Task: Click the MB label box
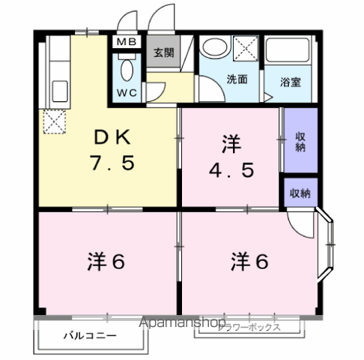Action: click(127, 43)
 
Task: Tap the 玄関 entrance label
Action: click(164, 53)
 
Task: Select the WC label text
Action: click(127, 94)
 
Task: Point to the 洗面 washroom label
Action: click(237, 77)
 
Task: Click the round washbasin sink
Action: click(213, 46)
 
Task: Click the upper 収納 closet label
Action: click(300, 140)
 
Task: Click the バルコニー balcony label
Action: click(89, 334)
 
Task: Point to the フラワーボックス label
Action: click(249, 328)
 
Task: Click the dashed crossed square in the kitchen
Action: click(53, 121)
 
